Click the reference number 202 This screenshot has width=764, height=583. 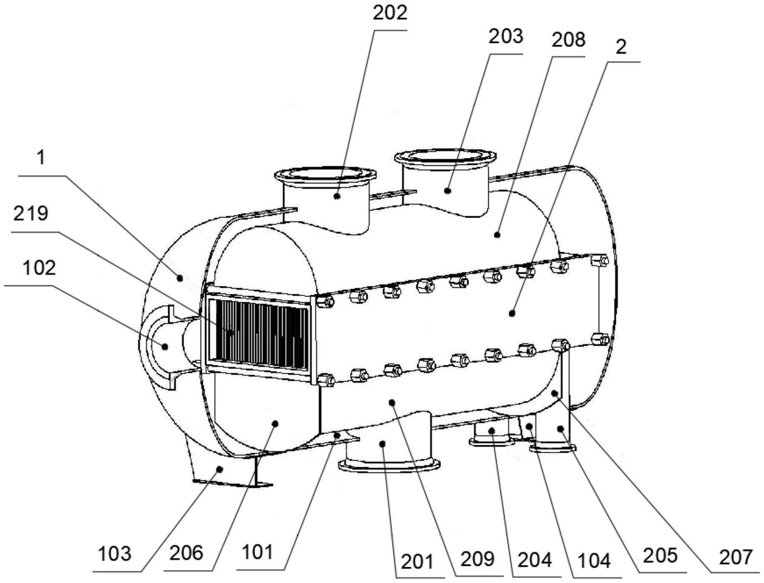pyautogui.click(x=389, y=13)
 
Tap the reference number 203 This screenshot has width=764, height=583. pyautogui.click(x=506, y=37)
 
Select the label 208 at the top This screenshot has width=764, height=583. pyautogui.click(x=568, y=40)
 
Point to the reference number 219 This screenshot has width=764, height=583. pyautogui.click(x=30, y=214)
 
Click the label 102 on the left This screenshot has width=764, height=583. pyautogui.click(x=39, y=268)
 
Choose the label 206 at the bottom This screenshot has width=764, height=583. pyautogui.click(x=186, y=553)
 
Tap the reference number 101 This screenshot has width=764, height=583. pyautogui.click(x=257, y=553)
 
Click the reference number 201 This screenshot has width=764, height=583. pyautogui.click(x=417, y=562)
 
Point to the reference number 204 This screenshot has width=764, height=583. pyautogui.click(x=535, y=560)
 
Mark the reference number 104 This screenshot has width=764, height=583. pyautogui.click(x=594, y=561)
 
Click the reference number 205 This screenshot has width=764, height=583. pyautogui.click(x=660, y=556)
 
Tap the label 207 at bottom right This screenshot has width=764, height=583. pyautogui.click(x=735, y=558)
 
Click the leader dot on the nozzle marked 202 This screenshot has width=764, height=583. pyautogui.click(x=337, y=195)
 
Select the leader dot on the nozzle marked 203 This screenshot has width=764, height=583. pyautogui.click(x=448, y=191)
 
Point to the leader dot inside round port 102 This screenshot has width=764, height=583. pyautogui.click(x=165, y=347)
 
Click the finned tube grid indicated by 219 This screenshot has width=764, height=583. pyautogui.click(x=259, y=334)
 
